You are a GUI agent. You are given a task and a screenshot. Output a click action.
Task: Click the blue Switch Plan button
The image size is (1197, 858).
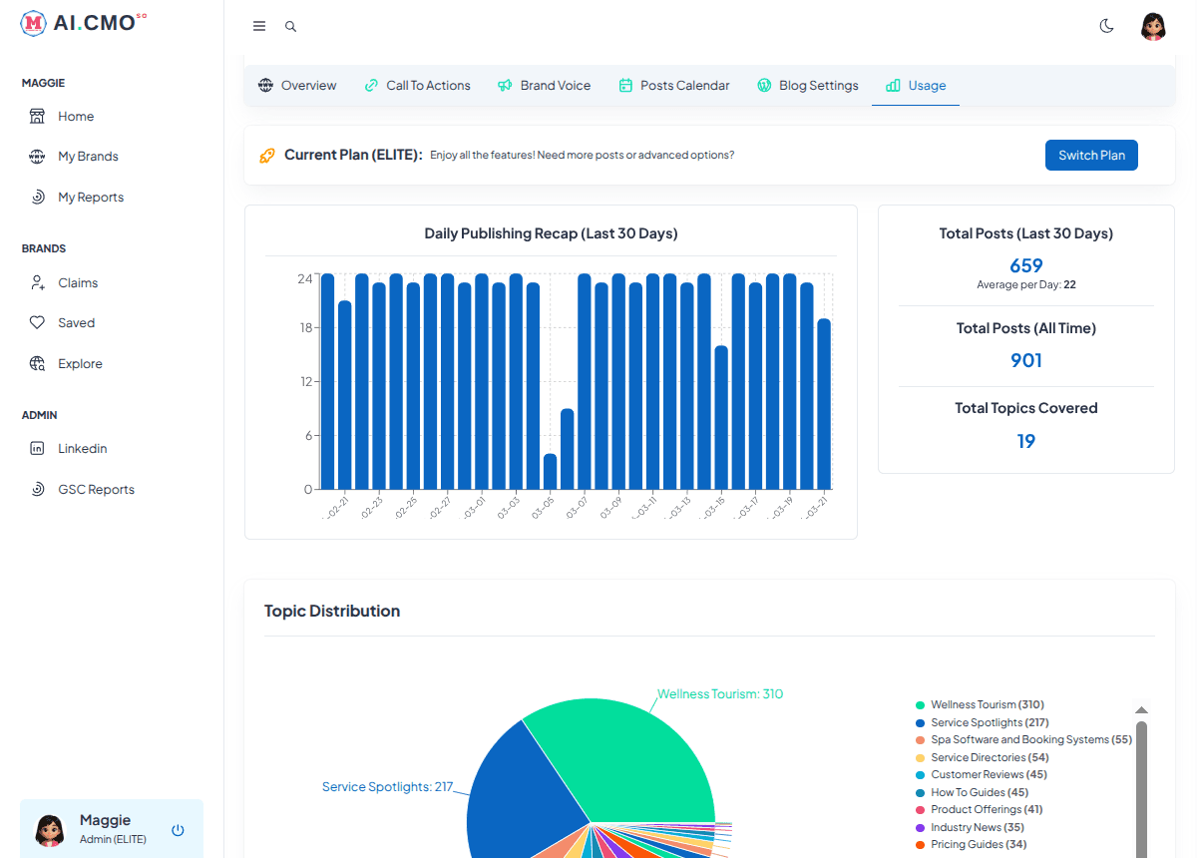point(1091,156)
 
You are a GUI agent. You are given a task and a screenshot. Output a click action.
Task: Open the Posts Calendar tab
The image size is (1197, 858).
point(674,86)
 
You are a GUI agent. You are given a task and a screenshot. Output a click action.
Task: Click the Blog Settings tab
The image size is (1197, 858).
point(808,86)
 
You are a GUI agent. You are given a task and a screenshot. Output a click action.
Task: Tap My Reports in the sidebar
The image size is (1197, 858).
point(90,198)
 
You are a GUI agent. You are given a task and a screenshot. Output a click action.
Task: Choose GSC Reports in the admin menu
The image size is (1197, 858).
point(96,490)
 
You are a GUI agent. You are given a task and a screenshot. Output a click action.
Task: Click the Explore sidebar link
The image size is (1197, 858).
point(80,364)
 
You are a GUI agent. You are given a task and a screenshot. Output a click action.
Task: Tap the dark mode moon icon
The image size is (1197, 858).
point(1106,26)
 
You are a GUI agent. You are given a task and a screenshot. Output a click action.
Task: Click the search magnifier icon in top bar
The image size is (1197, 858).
point(290,27)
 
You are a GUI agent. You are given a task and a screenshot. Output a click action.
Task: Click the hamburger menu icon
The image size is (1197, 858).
point(259,27)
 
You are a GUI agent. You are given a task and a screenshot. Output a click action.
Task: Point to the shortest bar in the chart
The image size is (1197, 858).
point(550,472)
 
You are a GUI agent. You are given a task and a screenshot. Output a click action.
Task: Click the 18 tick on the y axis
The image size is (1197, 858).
point(305,328)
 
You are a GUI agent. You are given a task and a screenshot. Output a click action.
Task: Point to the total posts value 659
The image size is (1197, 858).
point(1025,265)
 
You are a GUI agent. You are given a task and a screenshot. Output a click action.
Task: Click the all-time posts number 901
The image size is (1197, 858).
point(1025,360)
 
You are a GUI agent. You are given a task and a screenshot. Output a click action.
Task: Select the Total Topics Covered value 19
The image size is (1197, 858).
point(1025,441)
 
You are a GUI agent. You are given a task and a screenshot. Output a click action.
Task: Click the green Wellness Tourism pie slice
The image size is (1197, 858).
point(628,758)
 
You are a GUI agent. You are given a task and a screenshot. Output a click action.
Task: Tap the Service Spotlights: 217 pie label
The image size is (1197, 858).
point(387,787)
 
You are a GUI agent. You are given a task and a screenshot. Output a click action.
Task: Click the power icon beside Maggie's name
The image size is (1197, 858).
point(178,830)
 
